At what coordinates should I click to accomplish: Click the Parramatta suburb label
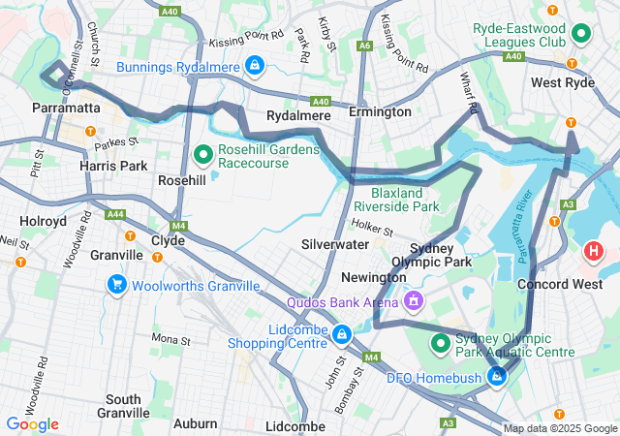point(66,108)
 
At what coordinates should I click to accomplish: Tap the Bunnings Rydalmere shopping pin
point(253,66)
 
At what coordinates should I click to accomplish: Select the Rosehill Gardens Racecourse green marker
point(203,153)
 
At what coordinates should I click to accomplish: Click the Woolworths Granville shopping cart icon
point(116,285)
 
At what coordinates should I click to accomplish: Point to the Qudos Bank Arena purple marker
point(414,301)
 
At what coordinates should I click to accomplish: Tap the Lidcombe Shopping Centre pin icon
point(341,335)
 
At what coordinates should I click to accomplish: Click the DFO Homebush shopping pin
point(497,376)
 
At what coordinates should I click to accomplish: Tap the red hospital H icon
point(593,252)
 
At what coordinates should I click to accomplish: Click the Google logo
point(32,423)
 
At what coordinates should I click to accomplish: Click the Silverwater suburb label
point(335,245)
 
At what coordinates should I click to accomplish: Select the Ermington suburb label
point(380,112)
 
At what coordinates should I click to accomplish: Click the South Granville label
point(123,406)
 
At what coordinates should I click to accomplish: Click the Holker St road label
point(371,231)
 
